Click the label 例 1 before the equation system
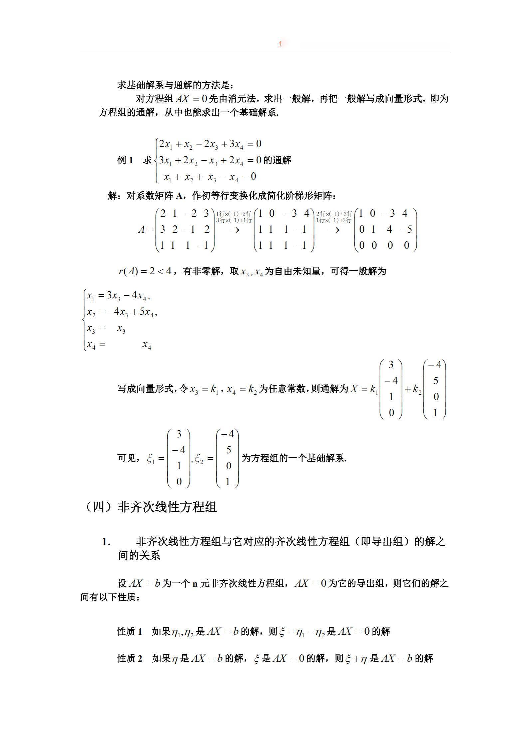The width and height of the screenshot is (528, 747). coord(125,160)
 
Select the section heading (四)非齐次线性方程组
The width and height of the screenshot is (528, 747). coord(151,507)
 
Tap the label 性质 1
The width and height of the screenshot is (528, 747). coord(130,631)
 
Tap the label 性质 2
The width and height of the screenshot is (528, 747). coord(130,658)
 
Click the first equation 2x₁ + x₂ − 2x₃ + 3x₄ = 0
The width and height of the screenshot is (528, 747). coord(210,144)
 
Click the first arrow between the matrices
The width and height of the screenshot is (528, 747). coord(234,230)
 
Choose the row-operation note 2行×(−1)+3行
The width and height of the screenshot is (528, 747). coord(334,214)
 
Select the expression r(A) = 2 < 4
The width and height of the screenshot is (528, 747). coord(145,271)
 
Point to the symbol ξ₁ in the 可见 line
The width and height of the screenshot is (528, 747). coord(151,459)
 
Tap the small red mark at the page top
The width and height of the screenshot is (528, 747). coord(280,44)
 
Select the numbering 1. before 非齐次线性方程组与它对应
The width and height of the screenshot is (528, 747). coord(106,542)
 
